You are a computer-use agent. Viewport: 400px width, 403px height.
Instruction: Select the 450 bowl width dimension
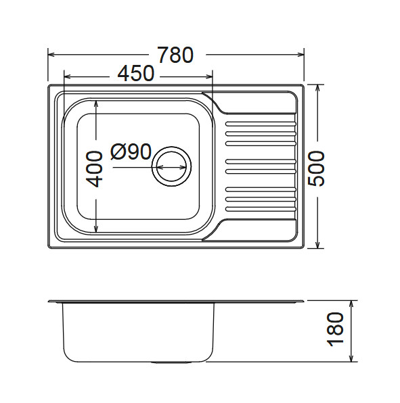click(x=136, y=74)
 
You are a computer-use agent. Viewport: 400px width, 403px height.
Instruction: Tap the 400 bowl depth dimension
click(x=95, y=168)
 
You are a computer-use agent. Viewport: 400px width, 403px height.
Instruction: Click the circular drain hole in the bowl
click(x=172, y=165)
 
